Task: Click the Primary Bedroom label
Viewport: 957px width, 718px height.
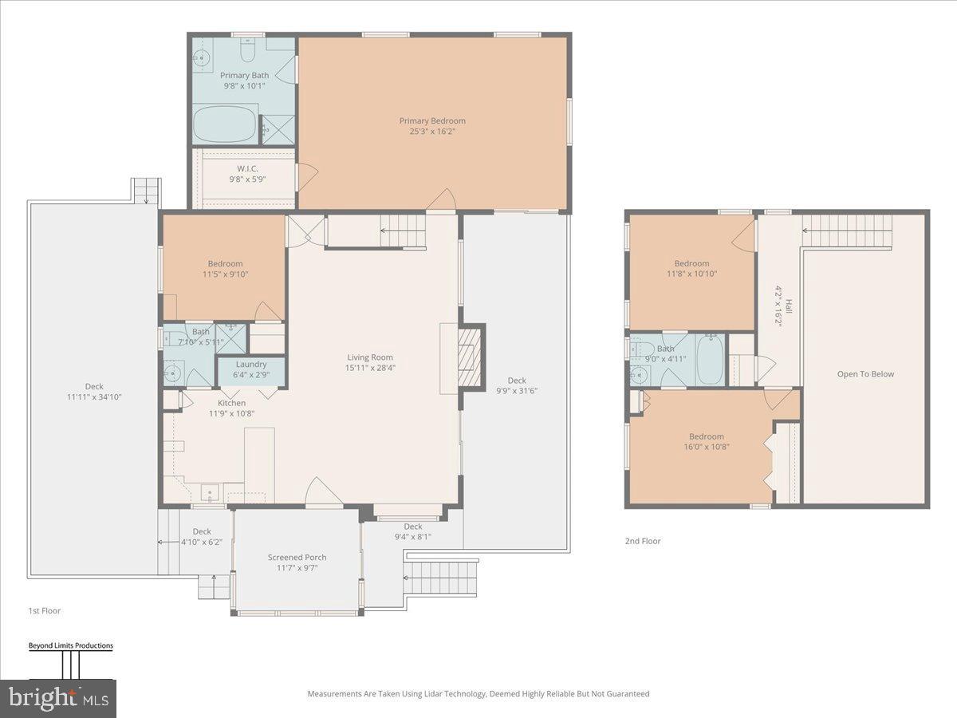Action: point(432,121)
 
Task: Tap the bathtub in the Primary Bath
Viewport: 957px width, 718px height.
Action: point(225,125)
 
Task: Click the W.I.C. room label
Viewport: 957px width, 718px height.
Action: point(246,168)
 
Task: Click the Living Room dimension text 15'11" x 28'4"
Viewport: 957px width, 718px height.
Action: point(370,369)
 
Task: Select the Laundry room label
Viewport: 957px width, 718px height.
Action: point(251,365)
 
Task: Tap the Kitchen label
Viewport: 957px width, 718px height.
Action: point(227,403)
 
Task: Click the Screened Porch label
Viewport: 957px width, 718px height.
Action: point(297,558)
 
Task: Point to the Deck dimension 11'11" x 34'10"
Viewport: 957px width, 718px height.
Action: point(94,397)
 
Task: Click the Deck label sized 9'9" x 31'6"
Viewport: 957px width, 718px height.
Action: point(517,381)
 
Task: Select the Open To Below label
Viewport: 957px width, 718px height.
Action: point(865,374)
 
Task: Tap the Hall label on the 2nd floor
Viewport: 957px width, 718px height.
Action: point(789,306)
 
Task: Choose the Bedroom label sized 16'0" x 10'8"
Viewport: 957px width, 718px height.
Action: point(707,436)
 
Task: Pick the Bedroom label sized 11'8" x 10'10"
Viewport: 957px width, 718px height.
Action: point(691,264)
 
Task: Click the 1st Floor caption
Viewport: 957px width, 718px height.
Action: point(44,611)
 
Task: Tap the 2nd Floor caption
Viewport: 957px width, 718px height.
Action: point(643,541)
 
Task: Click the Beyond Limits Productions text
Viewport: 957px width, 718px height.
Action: point(71,646)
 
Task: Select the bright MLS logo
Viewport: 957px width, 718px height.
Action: point(57,699)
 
